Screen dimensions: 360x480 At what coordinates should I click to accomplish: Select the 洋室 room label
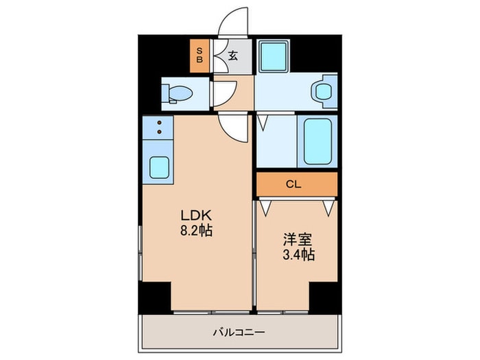coord(298,240)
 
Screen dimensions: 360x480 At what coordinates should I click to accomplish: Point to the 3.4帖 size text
coord(298,255)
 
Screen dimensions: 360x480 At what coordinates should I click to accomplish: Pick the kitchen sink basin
coord(159,167)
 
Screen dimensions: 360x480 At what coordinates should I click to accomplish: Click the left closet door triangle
coord(265,206)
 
